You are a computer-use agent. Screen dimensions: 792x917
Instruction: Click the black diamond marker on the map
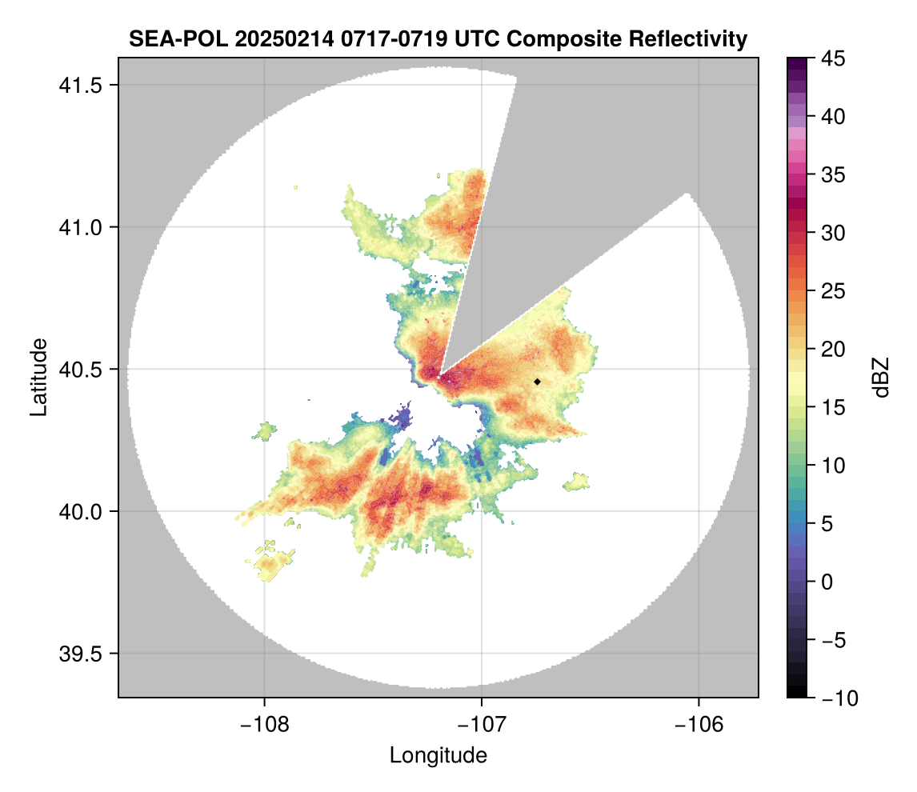[538, 382]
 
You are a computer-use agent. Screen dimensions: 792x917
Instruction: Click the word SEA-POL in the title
[170, 38]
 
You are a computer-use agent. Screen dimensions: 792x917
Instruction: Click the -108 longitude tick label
[264, 725]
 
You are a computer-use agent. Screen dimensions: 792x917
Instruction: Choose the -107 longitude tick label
[482, 725]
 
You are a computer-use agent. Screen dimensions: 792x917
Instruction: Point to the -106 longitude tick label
[699, 725]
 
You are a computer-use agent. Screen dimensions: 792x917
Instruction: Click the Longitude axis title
[438, 755]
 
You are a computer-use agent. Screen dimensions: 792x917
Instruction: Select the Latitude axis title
[38, 377]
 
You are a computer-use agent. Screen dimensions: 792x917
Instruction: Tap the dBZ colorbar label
[881, 378]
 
